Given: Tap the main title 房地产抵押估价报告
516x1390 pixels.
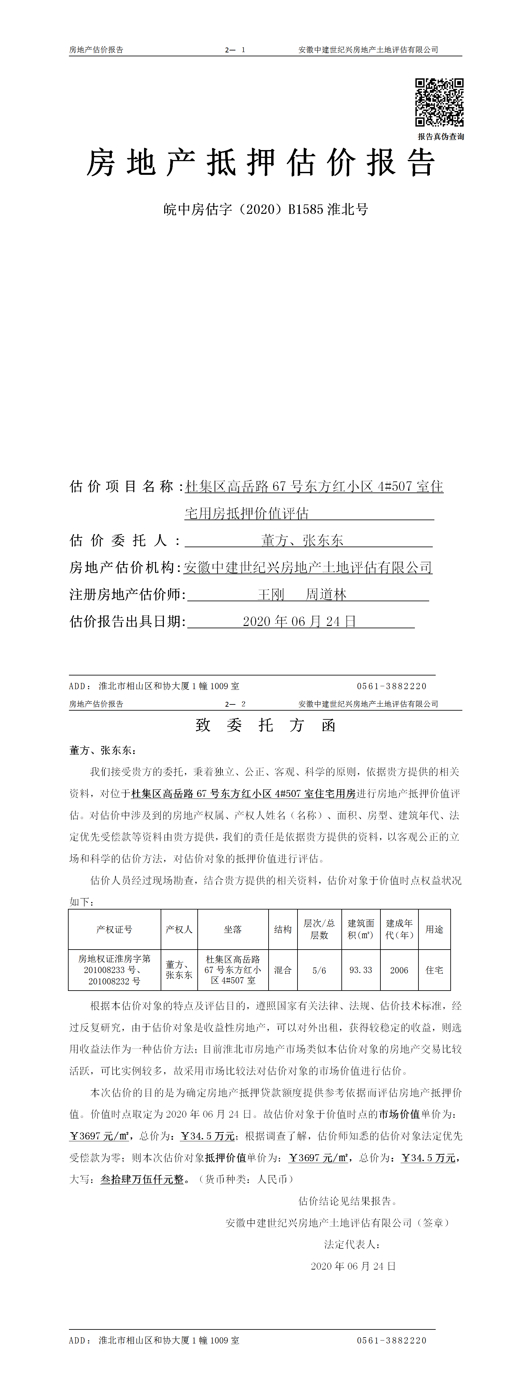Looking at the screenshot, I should click(261, 163).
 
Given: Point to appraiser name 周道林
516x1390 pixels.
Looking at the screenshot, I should click(326, 595).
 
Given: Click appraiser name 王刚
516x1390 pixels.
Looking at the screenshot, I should click(271, 595).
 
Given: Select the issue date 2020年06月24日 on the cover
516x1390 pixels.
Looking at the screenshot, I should click(299, 622).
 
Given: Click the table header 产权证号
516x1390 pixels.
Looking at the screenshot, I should click(114, 929).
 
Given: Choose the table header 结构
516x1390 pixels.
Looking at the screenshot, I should click(283, 929).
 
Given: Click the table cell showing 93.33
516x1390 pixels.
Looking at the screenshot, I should click(361, 970).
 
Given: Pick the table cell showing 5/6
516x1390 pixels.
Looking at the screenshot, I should click(319, 970).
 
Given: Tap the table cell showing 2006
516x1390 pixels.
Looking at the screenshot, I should click(399, 970).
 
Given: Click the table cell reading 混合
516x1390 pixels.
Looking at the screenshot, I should click(283, 970).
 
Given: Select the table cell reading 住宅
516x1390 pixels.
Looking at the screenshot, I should click(434, 970).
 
